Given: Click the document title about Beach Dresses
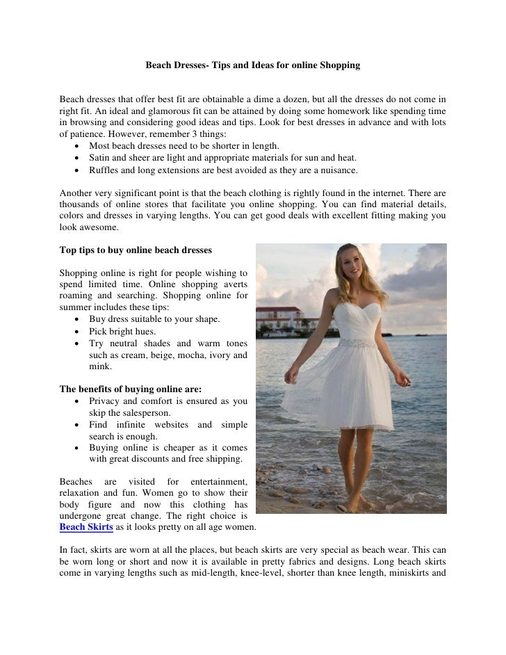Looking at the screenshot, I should (252, 65).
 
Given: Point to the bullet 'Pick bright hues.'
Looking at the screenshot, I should (122, 331).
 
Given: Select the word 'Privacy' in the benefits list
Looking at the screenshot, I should (106, 401).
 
